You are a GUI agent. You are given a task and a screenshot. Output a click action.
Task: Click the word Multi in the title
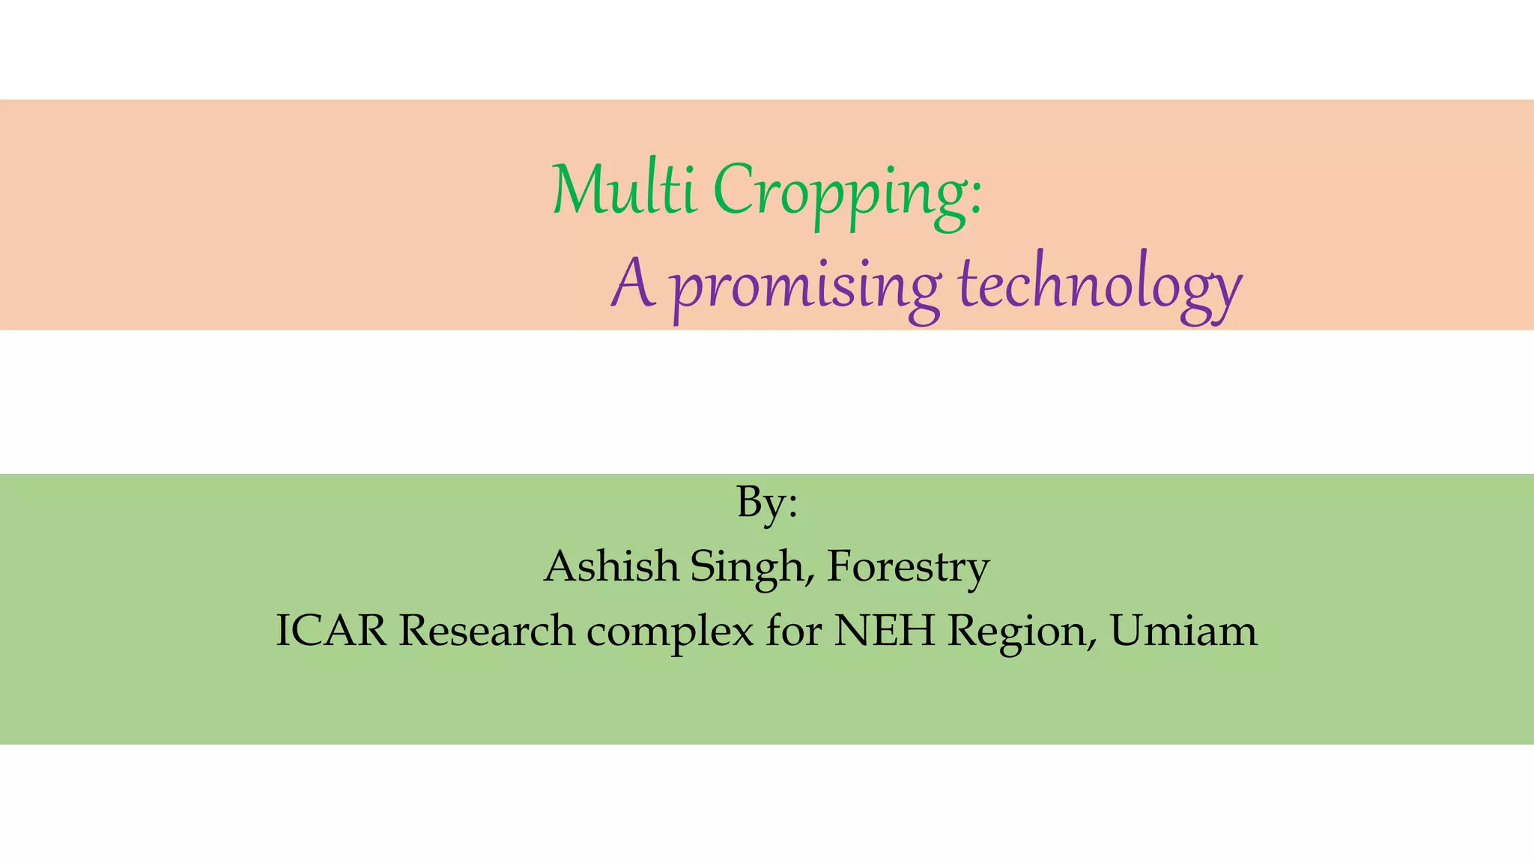(x=625, y=189)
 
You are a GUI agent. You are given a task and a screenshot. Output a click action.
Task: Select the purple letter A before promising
(x=634, y=283)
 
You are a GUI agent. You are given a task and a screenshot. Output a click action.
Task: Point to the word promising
(x=805, y=288)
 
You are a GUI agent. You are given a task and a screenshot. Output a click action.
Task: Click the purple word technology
(x=1100, y=288)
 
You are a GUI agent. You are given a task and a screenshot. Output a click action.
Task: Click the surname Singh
(x=746, y=568)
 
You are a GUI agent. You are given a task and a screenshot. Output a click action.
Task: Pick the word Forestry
(x=908, y=568)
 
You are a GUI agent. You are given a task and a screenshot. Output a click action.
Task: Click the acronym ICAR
(x=331, y=630)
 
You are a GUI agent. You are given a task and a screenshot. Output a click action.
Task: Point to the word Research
(x=487, y=630)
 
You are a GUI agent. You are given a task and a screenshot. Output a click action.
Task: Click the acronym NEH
(x=885, y=630)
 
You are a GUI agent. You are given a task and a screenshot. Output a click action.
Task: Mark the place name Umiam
(x=1183, y=630)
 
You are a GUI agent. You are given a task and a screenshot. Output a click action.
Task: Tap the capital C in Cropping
(x=733, y=189)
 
